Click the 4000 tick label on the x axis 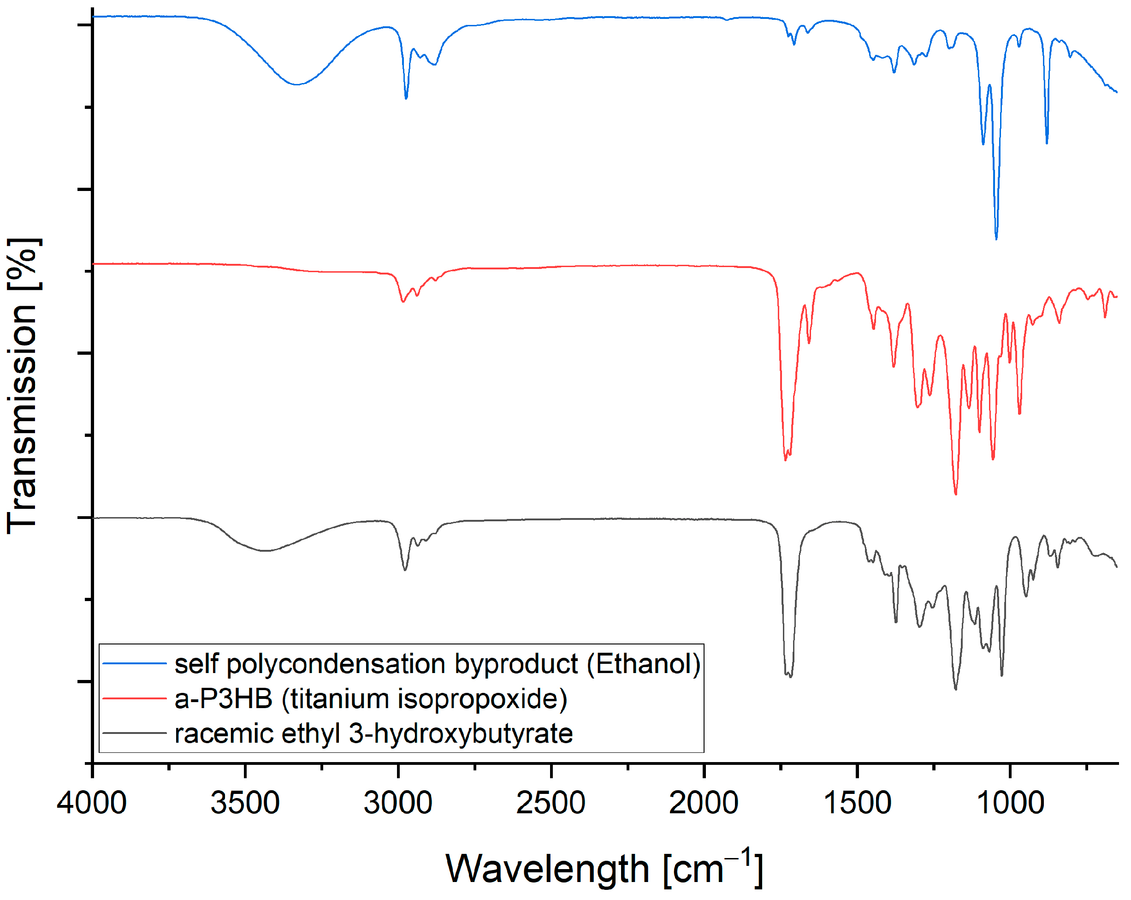coord(92,804)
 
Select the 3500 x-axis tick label coord(245,804)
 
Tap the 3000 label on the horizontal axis coord(398,804)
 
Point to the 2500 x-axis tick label coord(551,804)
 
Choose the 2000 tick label coord(704,804)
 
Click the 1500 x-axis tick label coord(857,804)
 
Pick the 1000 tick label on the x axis coord(1010,804)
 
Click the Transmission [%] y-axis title coord(22,386)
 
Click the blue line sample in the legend coord(134,664)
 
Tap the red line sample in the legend coord(134,698)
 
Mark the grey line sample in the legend coord(134,733)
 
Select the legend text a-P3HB coord(224,699)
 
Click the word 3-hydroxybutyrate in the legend coord(461,733)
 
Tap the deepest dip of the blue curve coord(996,239)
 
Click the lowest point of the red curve coord(955,494)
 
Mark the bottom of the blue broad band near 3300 coord(297,84)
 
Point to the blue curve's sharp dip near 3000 coord(406,98)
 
